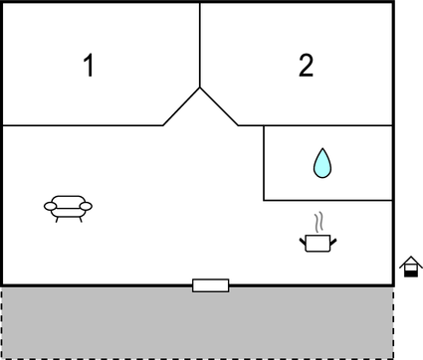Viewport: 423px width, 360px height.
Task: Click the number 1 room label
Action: tap(89, 67)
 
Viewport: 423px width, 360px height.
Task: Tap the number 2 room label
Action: tap(306, 67)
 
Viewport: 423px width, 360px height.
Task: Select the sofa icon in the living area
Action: tap(68, 206)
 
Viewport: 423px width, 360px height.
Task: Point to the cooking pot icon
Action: tap(317, 241)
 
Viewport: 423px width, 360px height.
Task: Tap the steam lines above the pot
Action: tap(318, 220)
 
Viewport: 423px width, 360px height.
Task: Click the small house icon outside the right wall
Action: tap(409, 267)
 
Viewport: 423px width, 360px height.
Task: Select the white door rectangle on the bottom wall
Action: tap(210, 285)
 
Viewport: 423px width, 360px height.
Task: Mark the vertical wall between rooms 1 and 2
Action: tap(200, 45)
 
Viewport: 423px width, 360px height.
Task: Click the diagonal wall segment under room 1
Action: tap(182, 106)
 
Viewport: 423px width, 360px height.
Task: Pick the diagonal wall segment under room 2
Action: tap(219, 106)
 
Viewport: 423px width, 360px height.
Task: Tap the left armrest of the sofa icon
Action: tap(51, 205)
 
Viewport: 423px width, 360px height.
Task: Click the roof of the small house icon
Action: tap(409, 262)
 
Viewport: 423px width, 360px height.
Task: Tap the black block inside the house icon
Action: tap(409, 271)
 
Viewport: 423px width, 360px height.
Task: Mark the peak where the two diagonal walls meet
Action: tap(200, 88)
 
